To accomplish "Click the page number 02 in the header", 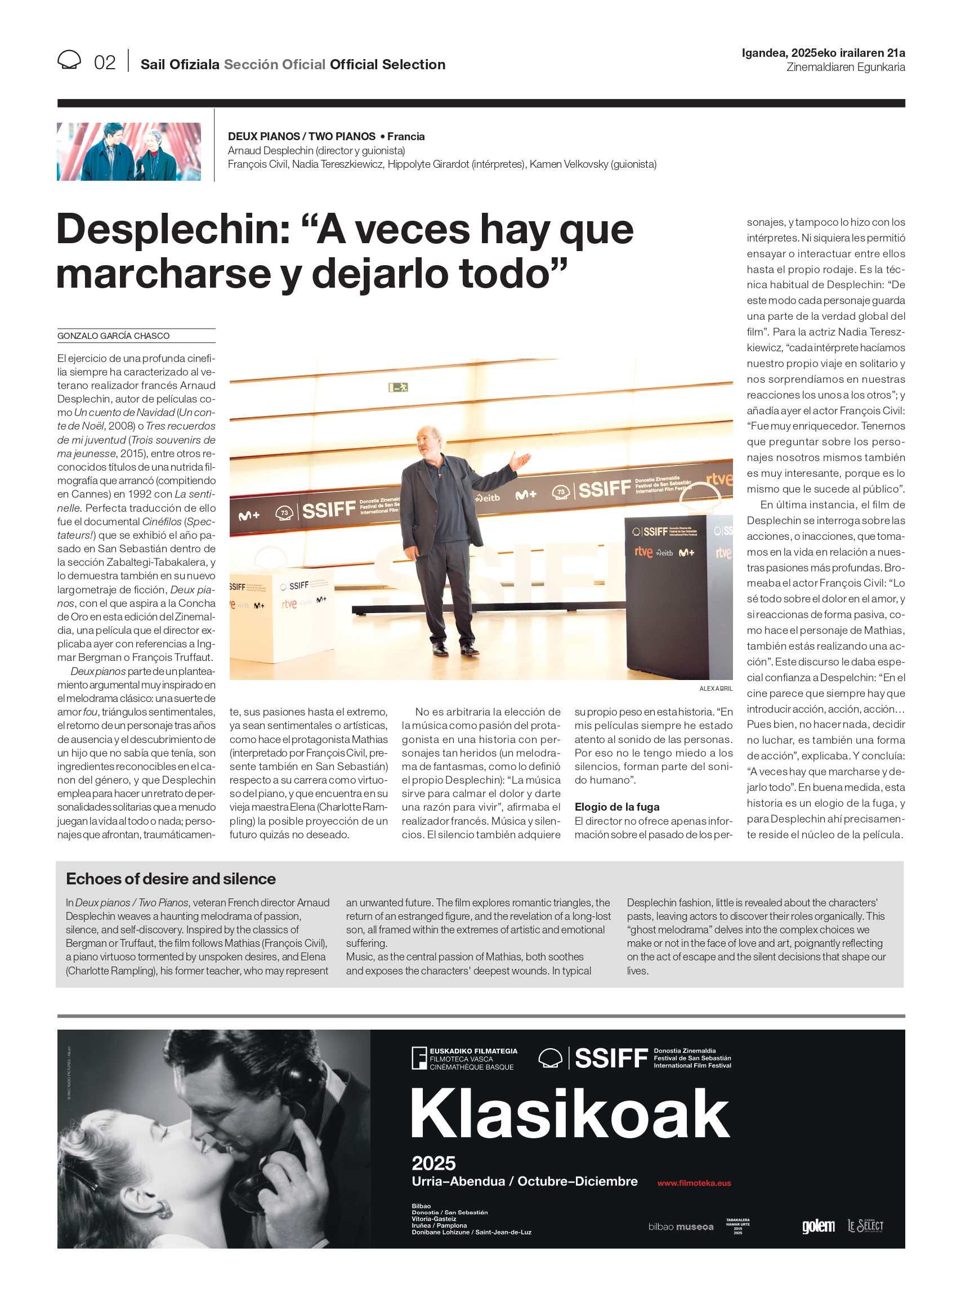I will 105,63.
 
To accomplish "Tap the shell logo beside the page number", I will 69,60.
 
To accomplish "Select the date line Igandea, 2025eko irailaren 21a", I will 823,53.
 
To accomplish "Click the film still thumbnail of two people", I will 128,151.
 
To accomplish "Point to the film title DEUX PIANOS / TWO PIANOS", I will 301,136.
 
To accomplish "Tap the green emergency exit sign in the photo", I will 399,387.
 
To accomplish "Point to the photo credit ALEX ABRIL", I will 716,688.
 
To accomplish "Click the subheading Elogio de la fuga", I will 616,807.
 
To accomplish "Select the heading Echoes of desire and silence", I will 171,879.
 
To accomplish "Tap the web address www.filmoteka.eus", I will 694,1183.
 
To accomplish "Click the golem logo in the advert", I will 818,1226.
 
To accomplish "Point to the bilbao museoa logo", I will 681,1227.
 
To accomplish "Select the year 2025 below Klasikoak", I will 433,1163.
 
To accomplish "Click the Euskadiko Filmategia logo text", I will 472,1058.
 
